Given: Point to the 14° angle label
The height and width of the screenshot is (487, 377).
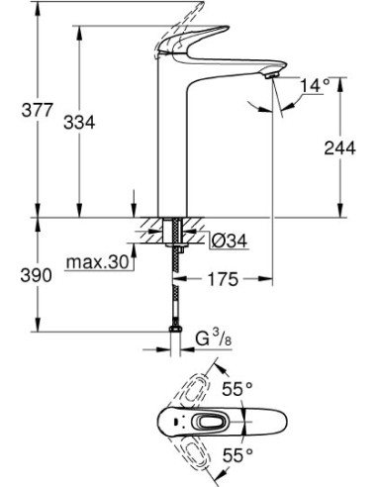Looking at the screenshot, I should (312, 86).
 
